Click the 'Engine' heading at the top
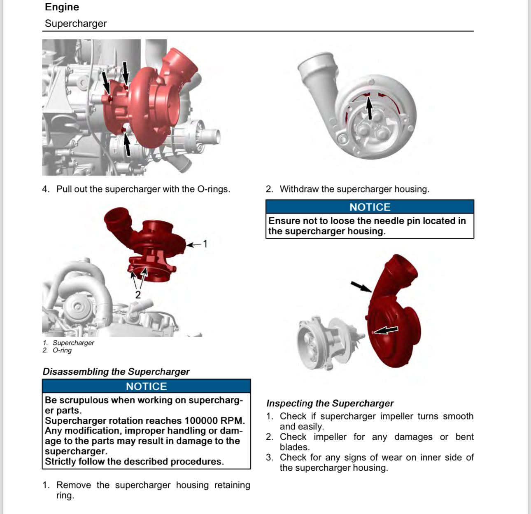[62, 7]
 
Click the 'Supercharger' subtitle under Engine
[76, 23]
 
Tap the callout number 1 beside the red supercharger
[205, 244]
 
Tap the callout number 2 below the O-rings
[138, 295]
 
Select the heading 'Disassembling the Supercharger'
[116, 371]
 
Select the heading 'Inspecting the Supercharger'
[330, 403]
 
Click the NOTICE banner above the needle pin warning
[370, 207]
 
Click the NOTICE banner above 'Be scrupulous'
[146, 386]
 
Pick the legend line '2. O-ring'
[57, 350]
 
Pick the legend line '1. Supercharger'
[68, 343]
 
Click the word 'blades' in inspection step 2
[294, 447]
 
